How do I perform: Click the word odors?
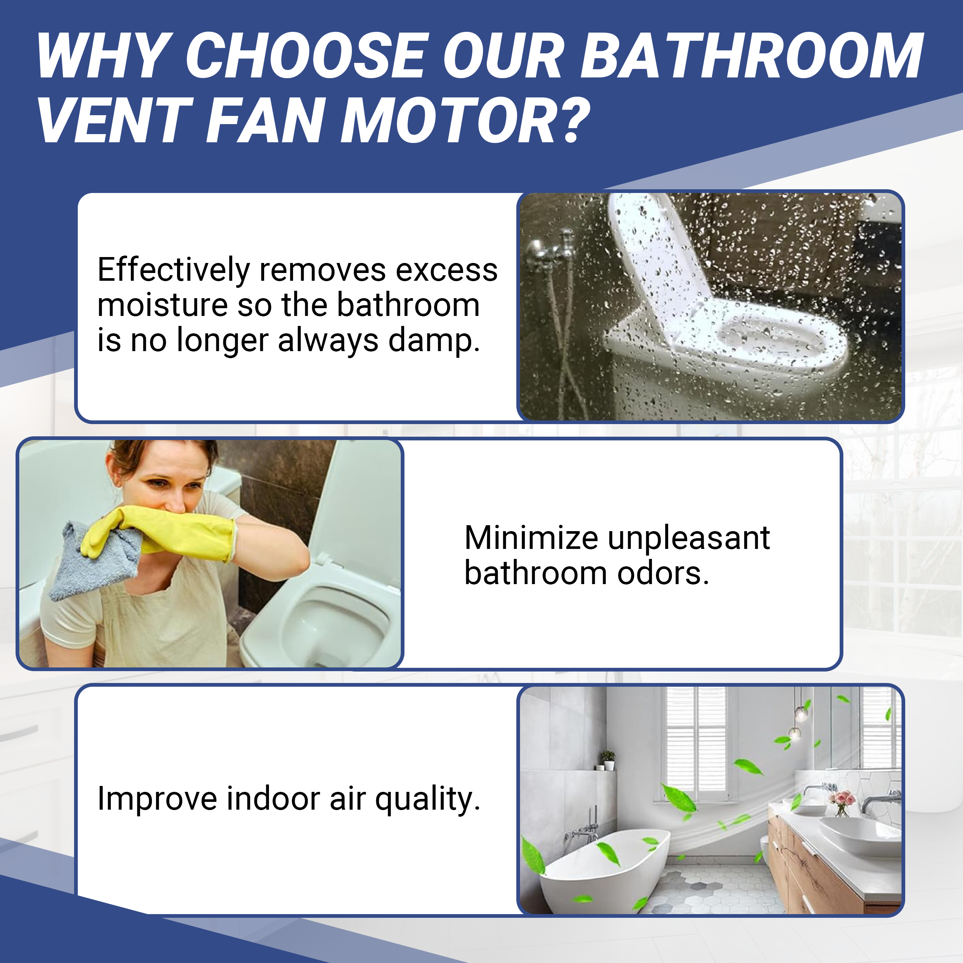point(663,573)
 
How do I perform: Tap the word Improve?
point(157,799)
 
